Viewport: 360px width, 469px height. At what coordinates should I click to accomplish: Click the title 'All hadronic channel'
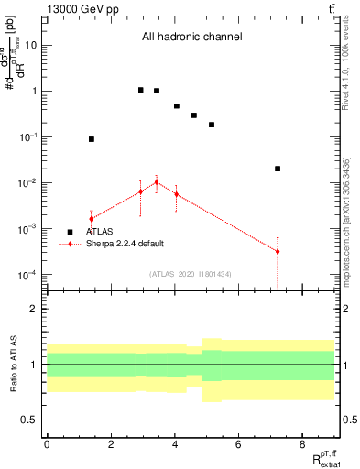tap(191, 38)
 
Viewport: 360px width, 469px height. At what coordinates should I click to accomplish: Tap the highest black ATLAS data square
tap(140, 90)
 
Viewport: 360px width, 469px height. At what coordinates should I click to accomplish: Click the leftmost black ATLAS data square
tap(92, 139)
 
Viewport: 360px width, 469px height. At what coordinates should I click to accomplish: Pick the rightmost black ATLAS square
tap(278, 169)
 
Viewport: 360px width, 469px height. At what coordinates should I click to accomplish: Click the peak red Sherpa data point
tap(157, 182)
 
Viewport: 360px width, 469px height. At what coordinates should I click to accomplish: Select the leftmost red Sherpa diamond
tap(92, 219)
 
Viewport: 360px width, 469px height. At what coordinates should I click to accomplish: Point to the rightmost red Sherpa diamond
tap(278, 251)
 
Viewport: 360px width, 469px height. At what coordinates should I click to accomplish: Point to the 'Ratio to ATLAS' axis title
tap(13, 365)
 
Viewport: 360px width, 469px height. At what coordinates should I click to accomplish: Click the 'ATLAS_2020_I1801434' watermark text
tap(191, 273)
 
